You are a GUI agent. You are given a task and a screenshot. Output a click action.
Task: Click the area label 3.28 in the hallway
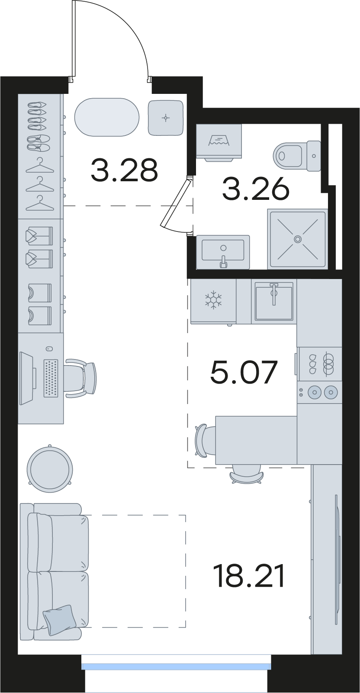pos(125,170)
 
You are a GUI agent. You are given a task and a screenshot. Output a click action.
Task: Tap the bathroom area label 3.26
pos(256,189)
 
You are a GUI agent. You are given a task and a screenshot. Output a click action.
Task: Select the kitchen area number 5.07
pos(244,372)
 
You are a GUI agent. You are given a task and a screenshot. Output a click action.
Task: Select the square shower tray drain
pos(298,239)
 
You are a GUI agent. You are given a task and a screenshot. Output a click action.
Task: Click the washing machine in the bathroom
pos(219,142)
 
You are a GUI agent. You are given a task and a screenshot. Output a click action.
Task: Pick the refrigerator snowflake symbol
pos(213,300)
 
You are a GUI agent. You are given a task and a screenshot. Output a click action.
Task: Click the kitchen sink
pos(274,301)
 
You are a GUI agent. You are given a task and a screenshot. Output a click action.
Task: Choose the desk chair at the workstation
pos(81,378)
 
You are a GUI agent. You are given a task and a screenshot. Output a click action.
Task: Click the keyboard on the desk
pos(51,378)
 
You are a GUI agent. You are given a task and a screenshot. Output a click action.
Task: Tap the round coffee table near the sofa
pos(50,469)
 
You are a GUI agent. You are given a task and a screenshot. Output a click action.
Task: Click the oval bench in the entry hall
pos(107,117)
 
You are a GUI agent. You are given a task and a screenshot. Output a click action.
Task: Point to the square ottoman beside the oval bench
pos(166,118)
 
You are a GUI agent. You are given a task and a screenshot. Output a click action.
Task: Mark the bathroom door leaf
pos(175,203)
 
